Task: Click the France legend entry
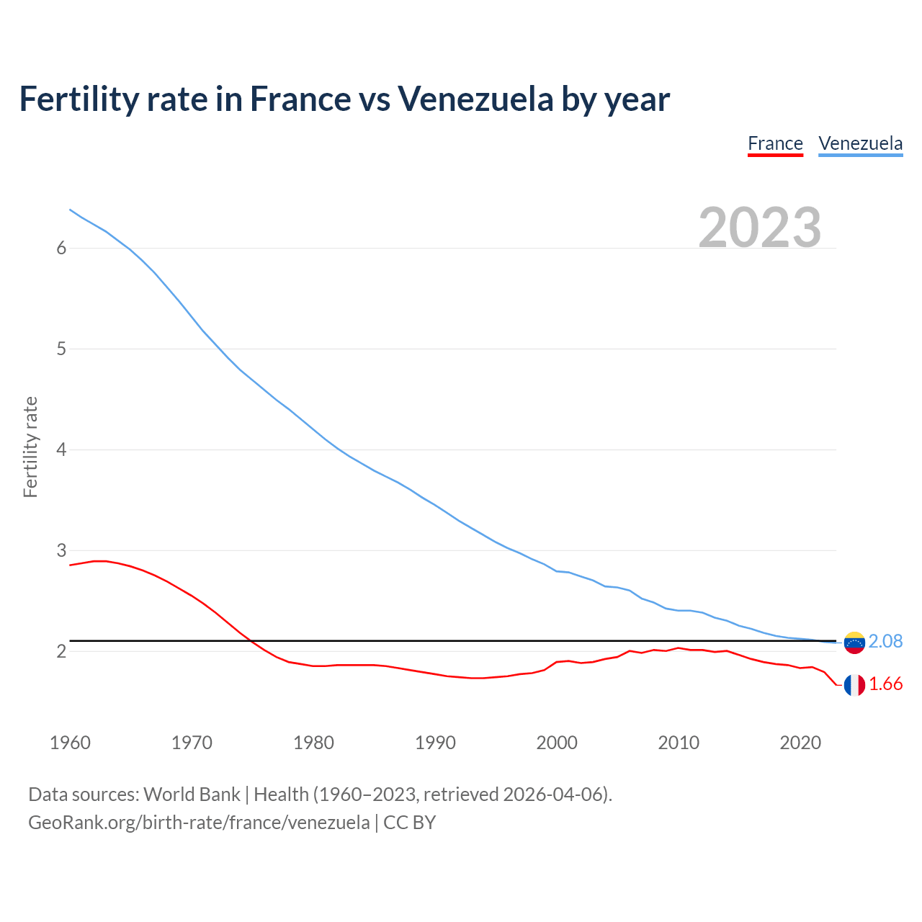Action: click(x=775, y=143)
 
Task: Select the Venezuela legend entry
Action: click(x=860, y=143)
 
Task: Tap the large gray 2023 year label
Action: click(x=760, y=228)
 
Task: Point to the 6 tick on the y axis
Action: click(x=61, y=249)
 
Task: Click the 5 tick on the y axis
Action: click(x=61, y=349)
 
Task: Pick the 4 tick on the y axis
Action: click(x=61, y=450)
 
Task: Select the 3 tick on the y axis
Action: click(x=61, y=551)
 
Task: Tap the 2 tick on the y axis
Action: click(x=61, y=652)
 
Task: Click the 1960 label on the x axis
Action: click(x=70, y=743)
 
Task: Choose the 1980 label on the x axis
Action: click(x=313, y=743)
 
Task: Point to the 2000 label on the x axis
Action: click(x=557, y=743)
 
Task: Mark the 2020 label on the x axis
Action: click(x=800, y=743)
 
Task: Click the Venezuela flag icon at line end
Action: click(x=854, y=642)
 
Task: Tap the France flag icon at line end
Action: click(x=854, y=685)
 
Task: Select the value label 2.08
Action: click(x=885, y=641)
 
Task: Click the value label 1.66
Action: click(x=885, y=684)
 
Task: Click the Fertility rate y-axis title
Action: click(x=30, y=447)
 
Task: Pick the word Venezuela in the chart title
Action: click(x=475, y=99)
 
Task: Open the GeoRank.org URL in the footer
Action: click(x=199, y=823)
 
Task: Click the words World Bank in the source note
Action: click(x=192, y=795)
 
